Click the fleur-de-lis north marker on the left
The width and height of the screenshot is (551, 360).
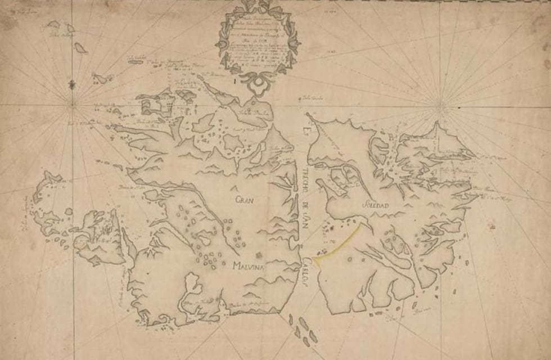[72, 84]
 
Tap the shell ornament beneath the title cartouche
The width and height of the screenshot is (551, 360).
[258, 84]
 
